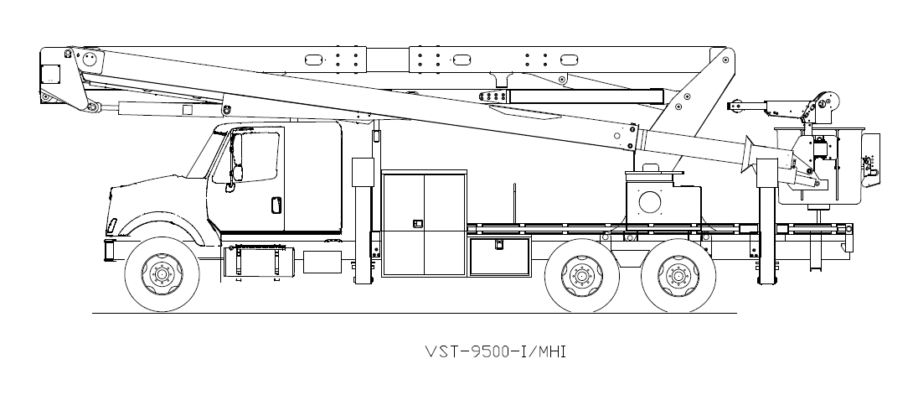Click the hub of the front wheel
tap(162, 273)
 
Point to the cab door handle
tap(276, 205)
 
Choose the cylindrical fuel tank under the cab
tap(257, 263)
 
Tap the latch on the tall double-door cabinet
tap(416, 223)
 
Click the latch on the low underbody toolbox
tap(498, 244)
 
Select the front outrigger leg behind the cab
tap(362, 226)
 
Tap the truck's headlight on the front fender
tap(112, 226)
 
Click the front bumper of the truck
tap(109, 249)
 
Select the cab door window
tap(255, 156)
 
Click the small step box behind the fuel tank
tap(322, 261)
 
